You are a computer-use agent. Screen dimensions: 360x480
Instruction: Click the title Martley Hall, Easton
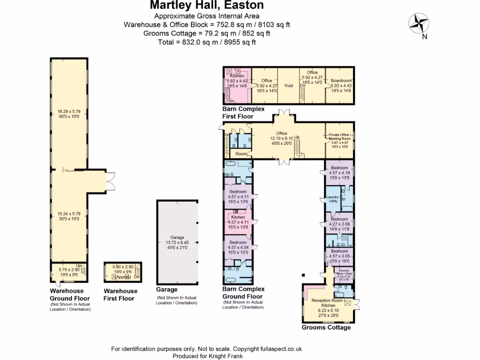pos(207,6)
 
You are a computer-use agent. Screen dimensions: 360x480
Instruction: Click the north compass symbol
pos(419,23)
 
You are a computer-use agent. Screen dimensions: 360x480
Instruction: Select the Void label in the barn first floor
pos(288,85)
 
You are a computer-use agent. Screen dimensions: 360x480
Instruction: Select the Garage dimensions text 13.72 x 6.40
pos(177,242)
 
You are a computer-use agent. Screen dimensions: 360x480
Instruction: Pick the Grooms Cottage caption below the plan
pos(326,327)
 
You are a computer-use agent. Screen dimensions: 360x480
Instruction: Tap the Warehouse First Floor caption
pos(120,294)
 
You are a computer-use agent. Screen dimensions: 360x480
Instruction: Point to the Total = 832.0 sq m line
pos(207,42)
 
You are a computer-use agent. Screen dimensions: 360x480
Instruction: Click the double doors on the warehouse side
pos(111,181)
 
